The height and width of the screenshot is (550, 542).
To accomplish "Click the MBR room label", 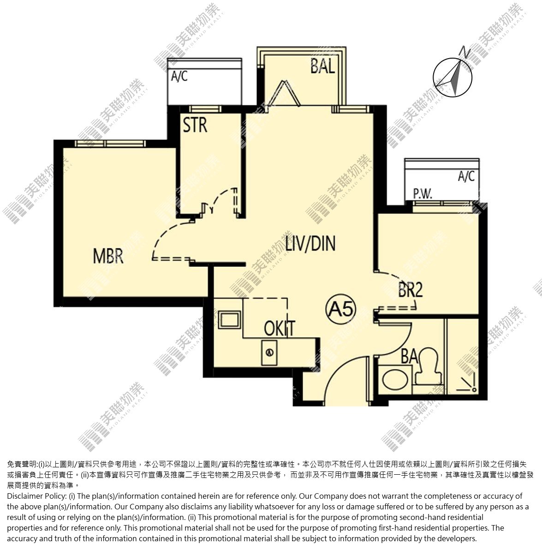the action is pyautogui.click(x=108, y=256).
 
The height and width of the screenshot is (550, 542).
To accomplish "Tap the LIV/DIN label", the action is pyautogui.click(x=310, y=243).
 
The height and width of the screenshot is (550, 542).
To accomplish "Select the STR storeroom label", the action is pyautogui.click(x=195, y=125).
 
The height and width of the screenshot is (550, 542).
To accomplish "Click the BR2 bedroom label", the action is pyautogui.click(x=411, y=290).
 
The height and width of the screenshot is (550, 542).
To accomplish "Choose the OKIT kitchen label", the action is pyautogui.click(x=279, y=328).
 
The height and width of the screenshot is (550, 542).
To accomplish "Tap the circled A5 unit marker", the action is pyautogui.click(x=340, y=309).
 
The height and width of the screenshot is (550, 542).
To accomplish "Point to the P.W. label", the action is pyautogui.click(x=422, y=193).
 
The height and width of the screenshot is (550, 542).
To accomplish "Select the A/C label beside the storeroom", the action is pyautogui.click(x=179, y=76).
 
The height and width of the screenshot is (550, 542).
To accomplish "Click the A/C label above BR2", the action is pyautogui.click(x=466, y=176).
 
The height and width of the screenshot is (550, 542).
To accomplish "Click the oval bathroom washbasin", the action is pyautogui.click(x=395, y=380).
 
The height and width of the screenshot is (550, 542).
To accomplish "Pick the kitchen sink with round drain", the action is pyautogui.click(x=269, y=352).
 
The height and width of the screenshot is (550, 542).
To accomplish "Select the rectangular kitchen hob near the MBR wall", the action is pyautogui.click(x=229, y=320).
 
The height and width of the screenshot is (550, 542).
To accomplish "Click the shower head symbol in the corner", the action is pyautogui.click(x=468, y=383).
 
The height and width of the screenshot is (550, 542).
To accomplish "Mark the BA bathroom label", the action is pyautogui.click(x=409, y=357).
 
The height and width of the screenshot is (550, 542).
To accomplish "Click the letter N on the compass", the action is pyautogui.click(x=465, y=52).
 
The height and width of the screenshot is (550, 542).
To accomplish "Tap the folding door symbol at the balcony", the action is pyautogui.click(x=284, y=94).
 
